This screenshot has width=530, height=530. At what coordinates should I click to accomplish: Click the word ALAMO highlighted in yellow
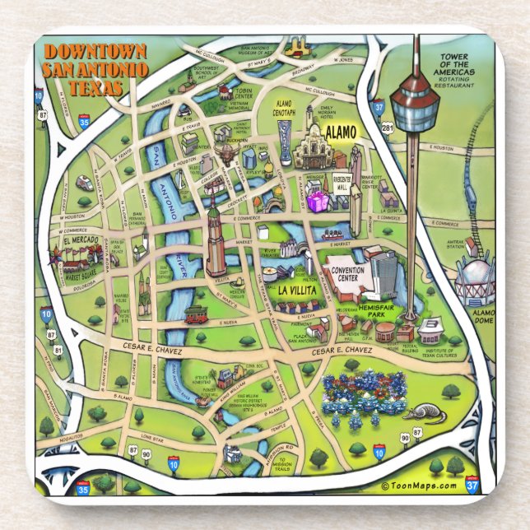click(339, 132)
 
